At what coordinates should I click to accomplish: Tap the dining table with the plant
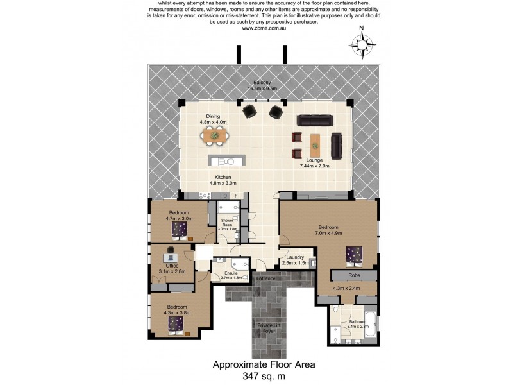click(214, 135)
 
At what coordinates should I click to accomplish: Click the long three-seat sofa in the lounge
click(314, 120)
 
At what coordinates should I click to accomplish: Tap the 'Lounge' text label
click(315, 160)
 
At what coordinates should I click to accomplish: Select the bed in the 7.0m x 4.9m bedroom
click(355, 255)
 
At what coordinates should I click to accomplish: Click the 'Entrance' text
click(265, 278)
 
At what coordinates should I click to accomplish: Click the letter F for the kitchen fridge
click(235, 194)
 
